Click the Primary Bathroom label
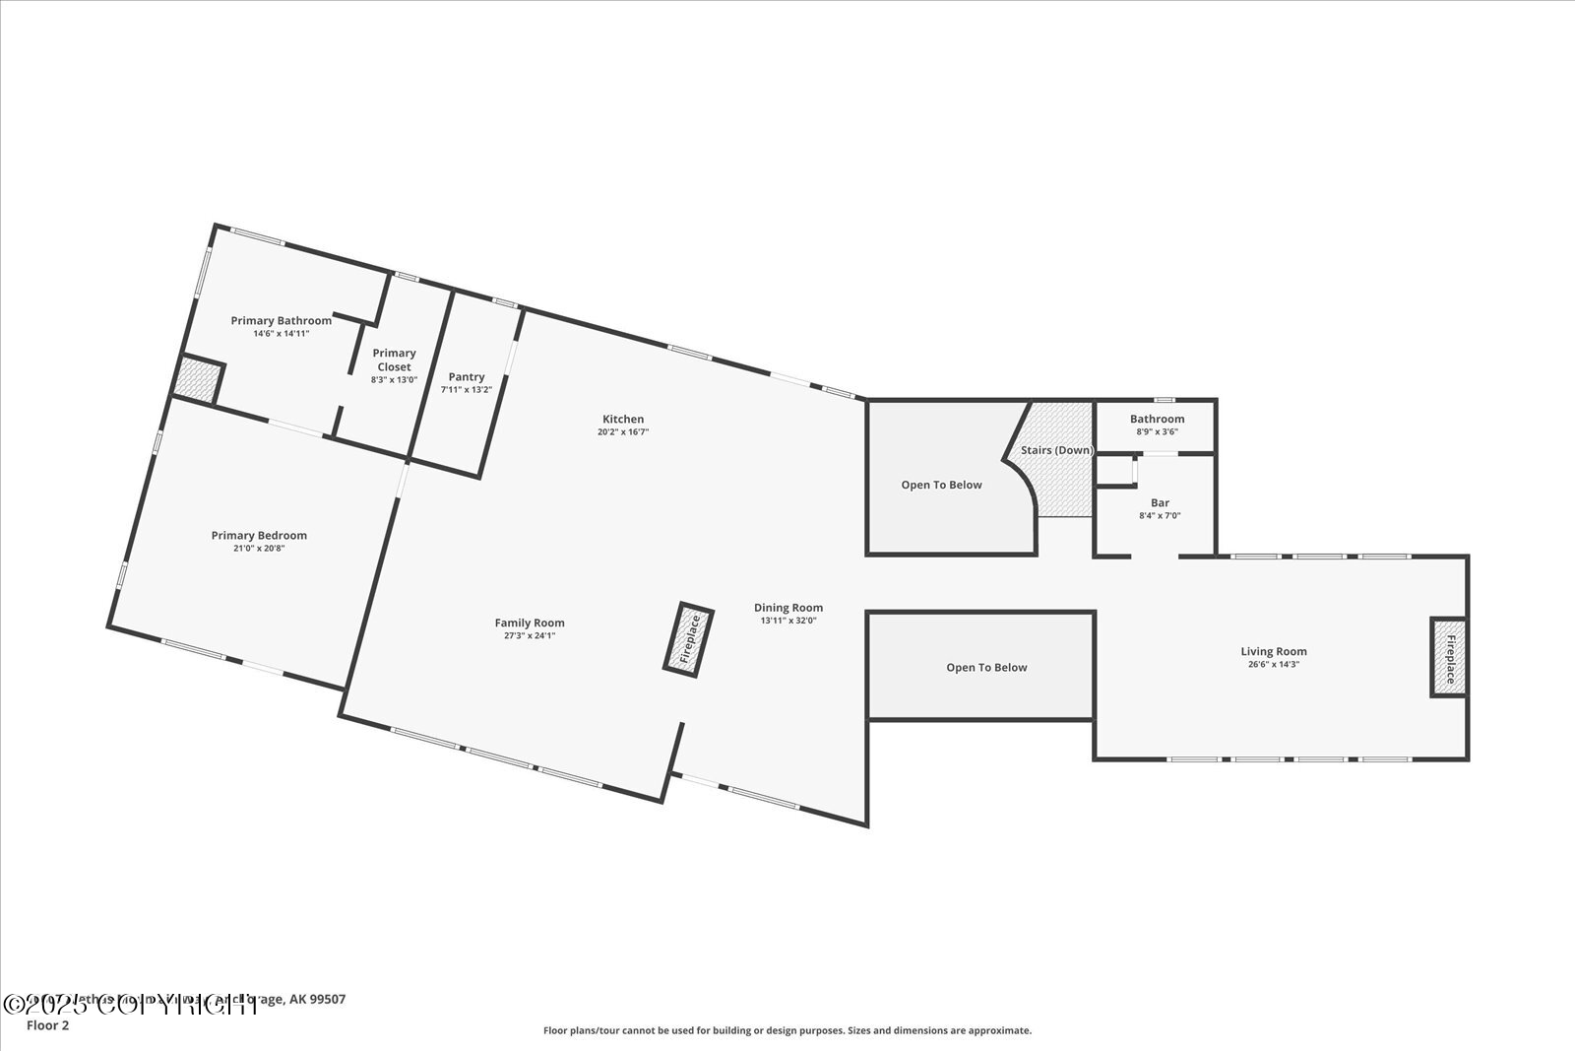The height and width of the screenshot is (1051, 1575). (x=281, y=320)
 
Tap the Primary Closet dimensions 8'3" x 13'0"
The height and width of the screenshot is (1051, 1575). (x=394, y=379)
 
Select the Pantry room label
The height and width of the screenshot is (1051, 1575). (x=466, y=376)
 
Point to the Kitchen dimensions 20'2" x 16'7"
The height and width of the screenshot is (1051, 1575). (x=623, y=431)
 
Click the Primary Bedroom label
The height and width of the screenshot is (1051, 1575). (x=259, y=535)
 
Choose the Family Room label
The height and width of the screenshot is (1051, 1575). (x=530, y=623)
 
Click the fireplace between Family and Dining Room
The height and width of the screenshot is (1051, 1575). (x=689, y=638)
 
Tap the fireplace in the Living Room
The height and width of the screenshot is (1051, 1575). (x=1449, y=657)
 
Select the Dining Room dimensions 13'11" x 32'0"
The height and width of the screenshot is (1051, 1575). (x=787, y=621)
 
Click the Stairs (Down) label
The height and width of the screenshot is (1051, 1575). (x=1056, y=450)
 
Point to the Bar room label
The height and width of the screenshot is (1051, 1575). (x=1160, y=502)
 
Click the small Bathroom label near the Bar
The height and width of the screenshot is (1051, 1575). (x=1157, y=419)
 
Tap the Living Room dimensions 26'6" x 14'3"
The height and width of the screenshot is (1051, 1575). (x=1273, y=664)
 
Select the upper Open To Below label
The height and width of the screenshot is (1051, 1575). (x=941, y=485)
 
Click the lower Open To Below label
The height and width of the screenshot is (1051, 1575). (x=986, y=667)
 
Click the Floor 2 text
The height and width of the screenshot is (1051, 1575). (x=48, y=1025)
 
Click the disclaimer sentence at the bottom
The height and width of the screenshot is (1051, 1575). (x=787, y=1030)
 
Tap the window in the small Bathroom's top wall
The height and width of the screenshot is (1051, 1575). (x=1165, y=400)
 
